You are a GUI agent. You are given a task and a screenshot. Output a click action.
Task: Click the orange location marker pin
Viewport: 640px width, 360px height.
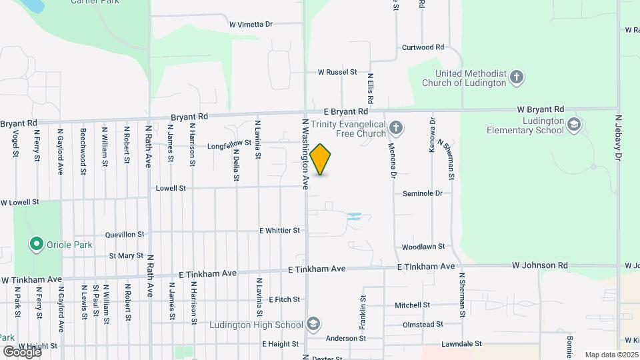(321, 159)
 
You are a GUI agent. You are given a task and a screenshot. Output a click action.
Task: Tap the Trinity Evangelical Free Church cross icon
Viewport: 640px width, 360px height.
(396, 127)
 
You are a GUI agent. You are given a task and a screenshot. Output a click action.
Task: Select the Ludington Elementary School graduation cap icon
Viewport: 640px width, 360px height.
(574, 124)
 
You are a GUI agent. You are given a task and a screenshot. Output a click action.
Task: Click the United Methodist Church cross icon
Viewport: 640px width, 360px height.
(516, 77)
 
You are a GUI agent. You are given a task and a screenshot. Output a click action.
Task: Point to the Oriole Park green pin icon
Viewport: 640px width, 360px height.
(36, 245)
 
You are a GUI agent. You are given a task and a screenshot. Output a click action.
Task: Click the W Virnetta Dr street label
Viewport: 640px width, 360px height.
(251, 25)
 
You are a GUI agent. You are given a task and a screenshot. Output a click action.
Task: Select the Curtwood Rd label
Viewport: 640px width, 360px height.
(423, 47)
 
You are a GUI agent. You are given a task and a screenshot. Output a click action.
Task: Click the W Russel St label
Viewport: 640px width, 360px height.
(337, 72)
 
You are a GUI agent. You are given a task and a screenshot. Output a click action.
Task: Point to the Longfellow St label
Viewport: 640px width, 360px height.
(229, 143)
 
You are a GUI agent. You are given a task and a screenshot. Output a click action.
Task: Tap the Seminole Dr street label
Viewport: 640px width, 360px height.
(423, 193)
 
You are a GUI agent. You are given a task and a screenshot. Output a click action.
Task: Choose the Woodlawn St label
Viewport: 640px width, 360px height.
(423, 247)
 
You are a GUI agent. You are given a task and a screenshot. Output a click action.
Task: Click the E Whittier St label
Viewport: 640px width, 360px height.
(280, 231)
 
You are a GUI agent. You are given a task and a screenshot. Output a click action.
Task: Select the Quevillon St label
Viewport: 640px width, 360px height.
(125, 235)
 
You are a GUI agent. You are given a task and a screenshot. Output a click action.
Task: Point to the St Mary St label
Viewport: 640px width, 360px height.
(126, 255)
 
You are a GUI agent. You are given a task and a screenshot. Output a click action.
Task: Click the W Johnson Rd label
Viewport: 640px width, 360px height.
(539, 265)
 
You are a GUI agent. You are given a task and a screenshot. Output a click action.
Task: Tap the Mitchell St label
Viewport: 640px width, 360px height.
(412, 305)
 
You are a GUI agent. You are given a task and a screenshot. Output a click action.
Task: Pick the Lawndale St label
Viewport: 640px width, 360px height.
(461, 344)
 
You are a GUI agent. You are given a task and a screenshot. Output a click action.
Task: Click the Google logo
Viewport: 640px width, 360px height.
(22, 351)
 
